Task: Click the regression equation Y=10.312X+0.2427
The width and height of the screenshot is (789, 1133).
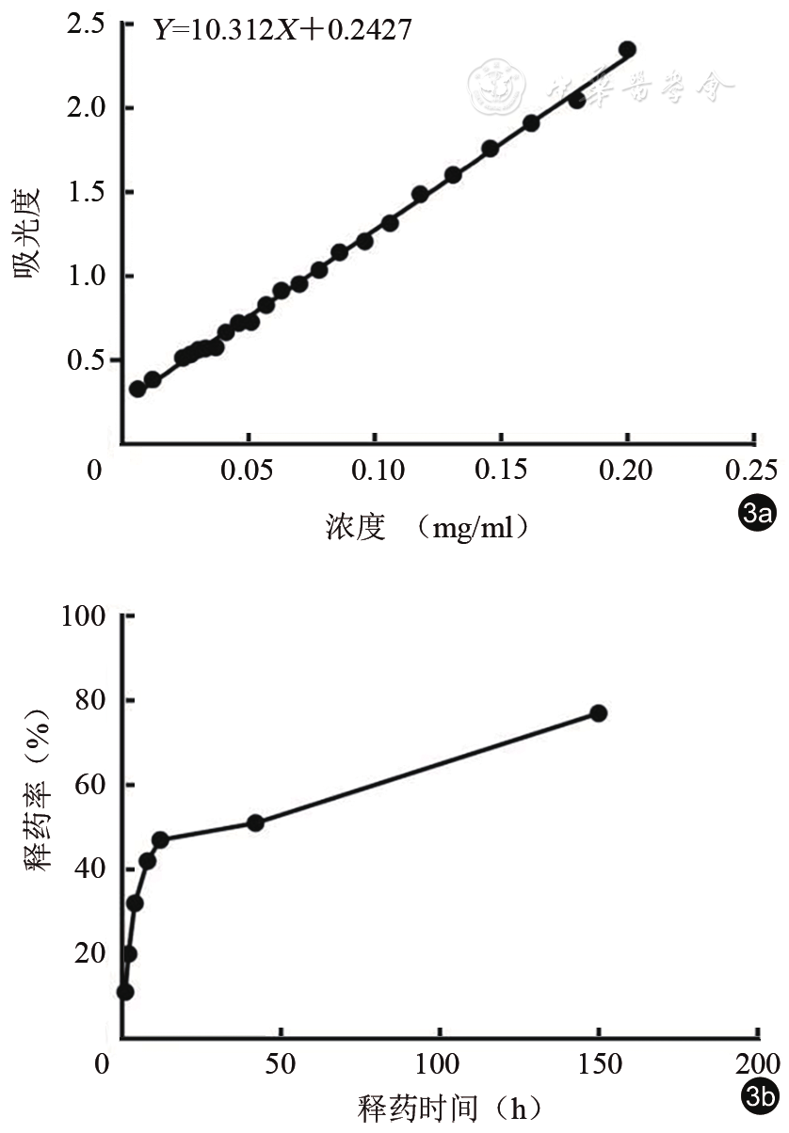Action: coord(282,29)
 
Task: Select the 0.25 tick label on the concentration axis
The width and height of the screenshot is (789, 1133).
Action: coord(753,470)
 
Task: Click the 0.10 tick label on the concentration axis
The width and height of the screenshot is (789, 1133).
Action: coord(375,470)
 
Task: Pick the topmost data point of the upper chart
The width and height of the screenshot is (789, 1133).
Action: coord(627,50)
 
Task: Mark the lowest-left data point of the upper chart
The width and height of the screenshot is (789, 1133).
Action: coord(137,389)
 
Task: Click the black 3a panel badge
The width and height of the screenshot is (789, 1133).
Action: coord(757,514)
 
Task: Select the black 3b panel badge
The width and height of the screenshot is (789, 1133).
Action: coord(757,1093)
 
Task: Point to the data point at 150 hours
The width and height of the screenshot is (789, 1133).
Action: coord(598,713)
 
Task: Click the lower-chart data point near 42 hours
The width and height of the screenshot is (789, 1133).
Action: coord(255,822)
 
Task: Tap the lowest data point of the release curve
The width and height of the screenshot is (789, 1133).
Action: coord(125,992)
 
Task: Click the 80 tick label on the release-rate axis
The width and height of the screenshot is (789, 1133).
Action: coord(91,702)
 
